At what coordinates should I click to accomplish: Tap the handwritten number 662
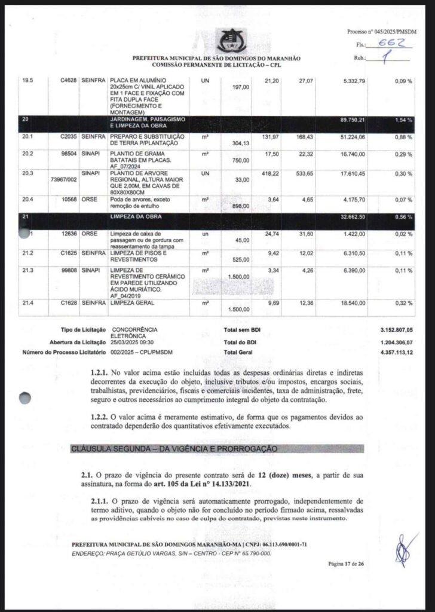tap(391, 44)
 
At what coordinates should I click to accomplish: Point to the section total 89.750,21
tap(352, 120)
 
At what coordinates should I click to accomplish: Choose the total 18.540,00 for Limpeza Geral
tap(353, 304)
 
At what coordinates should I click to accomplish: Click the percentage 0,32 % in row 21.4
tap(404, 304)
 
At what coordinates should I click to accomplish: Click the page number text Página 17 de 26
tap(346, 563)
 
